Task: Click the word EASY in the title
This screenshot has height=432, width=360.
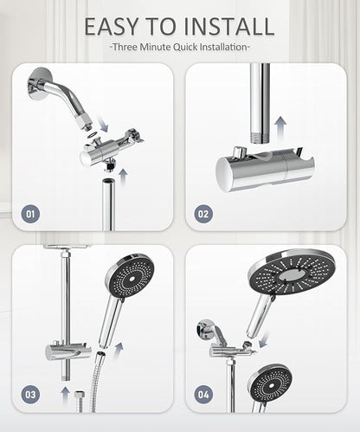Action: tap(112, 27)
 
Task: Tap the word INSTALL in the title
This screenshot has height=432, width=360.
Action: tap(228, 27)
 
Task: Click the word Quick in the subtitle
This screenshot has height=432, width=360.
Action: tap(185, 47)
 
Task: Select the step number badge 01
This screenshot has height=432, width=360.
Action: tap(30, 214)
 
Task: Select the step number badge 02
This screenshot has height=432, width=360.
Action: tap(203, 214)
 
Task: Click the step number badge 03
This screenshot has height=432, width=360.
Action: tap(30, 395)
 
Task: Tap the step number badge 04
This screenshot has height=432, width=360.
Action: tap(203, 395)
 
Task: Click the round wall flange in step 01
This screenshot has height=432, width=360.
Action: tap(39, 84)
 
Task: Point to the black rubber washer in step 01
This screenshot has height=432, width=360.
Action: tap(93, 135)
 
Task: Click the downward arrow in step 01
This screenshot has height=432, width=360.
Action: tap(102, 123)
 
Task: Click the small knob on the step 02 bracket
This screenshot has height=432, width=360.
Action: tap(239, 152)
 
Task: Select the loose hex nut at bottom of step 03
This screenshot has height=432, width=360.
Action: tap(80, 395)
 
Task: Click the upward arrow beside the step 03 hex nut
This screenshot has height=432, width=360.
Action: tap(65, 395)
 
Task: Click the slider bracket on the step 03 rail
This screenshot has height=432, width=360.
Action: tap(68, 351)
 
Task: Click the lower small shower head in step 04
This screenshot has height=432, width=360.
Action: tap(270, 384)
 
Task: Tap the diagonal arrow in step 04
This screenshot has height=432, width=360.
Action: tap(264, 340)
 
